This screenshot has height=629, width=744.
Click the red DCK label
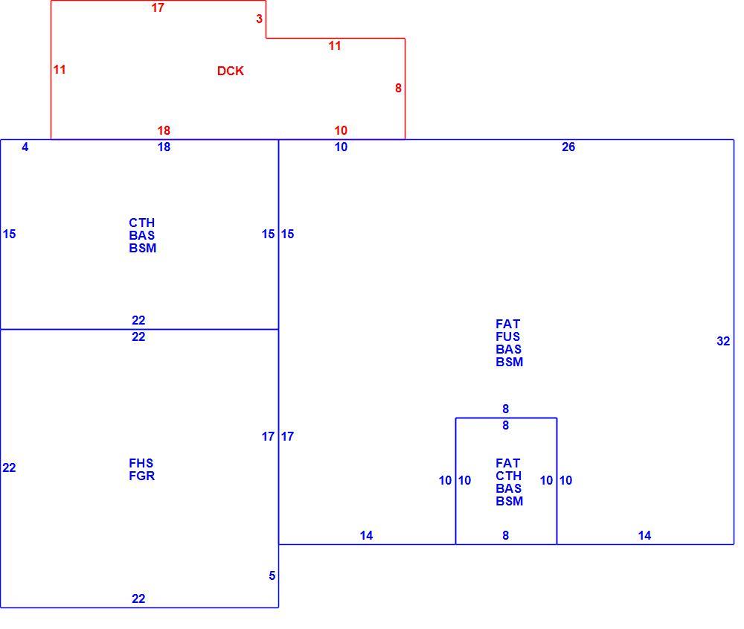point(230,71)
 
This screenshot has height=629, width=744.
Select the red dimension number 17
point(158,7)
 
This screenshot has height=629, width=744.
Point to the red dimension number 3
point(259,19)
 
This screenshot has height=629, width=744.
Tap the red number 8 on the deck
point(398,88)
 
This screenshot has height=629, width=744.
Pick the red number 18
point(164,130)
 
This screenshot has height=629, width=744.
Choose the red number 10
point(341,130)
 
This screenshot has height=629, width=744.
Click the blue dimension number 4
point(25,147)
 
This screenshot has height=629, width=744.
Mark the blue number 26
point(568,147)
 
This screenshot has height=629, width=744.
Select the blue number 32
point(723,341)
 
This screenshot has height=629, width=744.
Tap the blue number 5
point(272,575)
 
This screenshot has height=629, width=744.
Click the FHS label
point(141,463)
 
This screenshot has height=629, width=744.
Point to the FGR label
point(142,476)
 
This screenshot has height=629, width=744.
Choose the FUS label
point(507,336)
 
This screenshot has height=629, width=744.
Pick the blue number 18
point(164,147)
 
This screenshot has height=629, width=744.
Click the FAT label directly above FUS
point(507,324)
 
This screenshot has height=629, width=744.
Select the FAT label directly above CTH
point(507,463)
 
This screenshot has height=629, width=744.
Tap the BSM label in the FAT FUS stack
point(509,362)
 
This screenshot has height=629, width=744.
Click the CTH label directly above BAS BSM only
point(141,223)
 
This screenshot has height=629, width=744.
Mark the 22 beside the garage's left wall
point(9,467)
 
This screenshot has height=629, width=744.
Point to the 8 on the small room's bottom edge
point(505,535)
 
